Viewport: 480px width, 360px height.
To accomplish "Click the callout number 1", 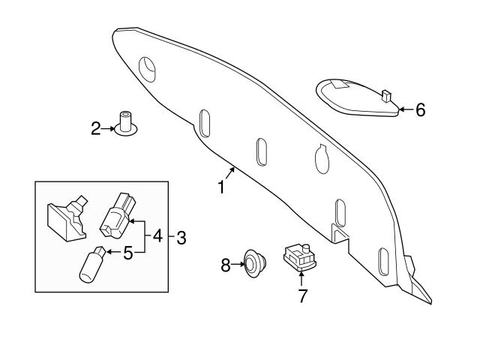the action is coord(221,187).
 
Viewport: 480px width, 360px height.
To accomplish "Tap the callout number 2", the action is coord(96,128).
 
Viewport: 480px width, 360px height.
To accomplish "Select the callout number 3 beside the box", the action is coord(181,238).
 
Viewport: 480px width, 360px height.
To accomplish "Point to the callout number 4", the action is coord(157,236).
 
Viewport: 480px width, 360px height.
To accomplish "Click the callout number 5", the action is coord(128,253).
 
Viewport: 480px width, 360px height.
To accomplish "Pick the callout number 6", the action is coord(421,110).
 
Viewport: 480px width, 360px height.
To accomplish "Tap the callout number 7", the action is coord(302,296).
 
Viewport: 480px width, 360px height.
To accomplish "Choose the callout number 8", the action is coord(226,265).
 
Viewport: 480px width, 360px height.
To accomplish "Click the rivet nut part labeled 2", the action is coord(125,123).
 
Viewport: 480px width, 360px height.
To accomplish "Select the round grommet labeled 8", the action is coord(255,263).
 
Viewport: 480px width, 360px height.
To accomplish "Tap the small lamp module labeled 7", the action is coord(300,257).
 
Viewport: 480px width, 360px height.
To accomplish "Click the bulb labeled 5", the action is coord(92,265).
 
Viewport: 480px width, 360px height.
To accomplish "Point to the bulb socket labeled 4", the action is coord(118,215).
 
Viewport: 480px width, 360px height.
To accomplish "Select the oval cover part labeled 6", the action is coord(358,97).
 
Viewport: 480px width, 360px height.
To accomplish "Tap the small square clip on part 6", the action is coord(386,96).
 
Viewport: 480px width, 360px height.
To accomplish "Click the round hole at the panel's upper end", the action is coord(147,70).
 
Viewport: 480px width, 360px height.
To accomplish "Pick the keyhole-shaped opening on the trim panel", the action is coord(322,159).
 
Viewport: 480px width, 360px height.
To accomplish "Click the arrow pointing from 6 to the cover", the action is coord(406,109).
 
